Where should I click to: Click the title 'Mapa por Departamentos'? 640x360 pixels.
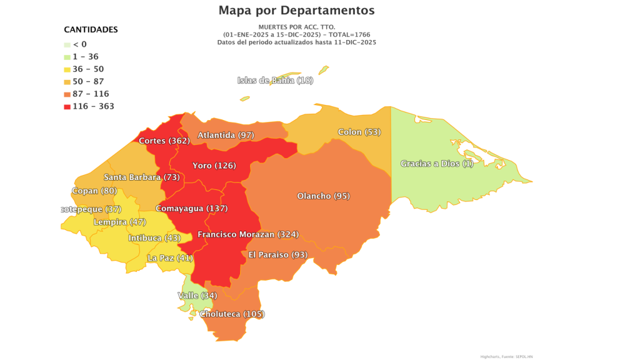coord(296,11)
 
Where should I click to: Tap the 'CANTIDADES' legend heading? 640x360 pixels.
coord(91,29)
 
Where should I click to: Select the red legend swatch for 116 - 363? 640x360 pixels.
coord(67,106)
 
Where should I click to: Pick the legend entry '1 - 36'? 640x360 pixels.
coord(86,56)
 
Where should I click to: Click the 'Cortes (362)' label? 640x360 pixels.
coord(164,141)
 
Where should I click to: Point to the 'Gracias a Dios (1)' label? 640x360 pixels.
coord(437,164)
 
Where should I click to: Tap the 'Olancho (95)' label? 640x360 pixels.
coord(323,196)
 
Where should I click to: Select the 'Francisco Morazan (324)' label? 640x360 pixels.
coord(248,234)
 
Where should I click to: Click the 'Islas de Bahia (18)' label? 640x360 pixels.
coord(275,80)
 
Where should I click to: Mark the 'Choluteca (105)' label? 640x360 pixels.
coord(232,314)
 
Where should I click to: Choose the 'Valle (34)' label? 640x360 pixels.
coord(197,295)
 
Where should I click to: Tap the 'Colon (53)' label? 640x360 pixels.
coord(359,132)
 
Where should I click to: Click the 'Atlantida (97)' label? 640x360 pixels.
coord(226,135)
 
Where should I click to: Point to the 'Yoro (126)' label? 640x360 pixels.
coord(214,166)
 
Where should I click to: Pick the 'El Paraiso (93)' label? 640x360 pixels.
coord(277,254)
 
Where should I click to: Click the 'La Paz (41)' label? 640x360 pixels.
coord(170,257)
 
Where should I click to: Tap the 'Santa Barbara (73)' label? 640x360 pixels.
coord(141,177)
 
